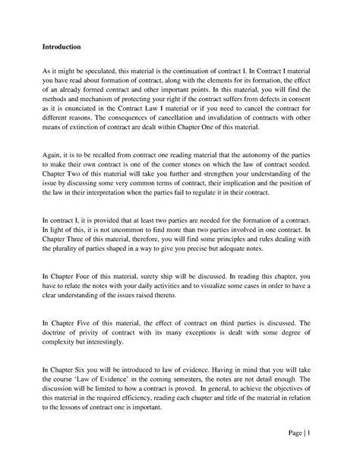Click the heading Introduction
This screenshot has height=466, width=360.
point(62,46)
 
